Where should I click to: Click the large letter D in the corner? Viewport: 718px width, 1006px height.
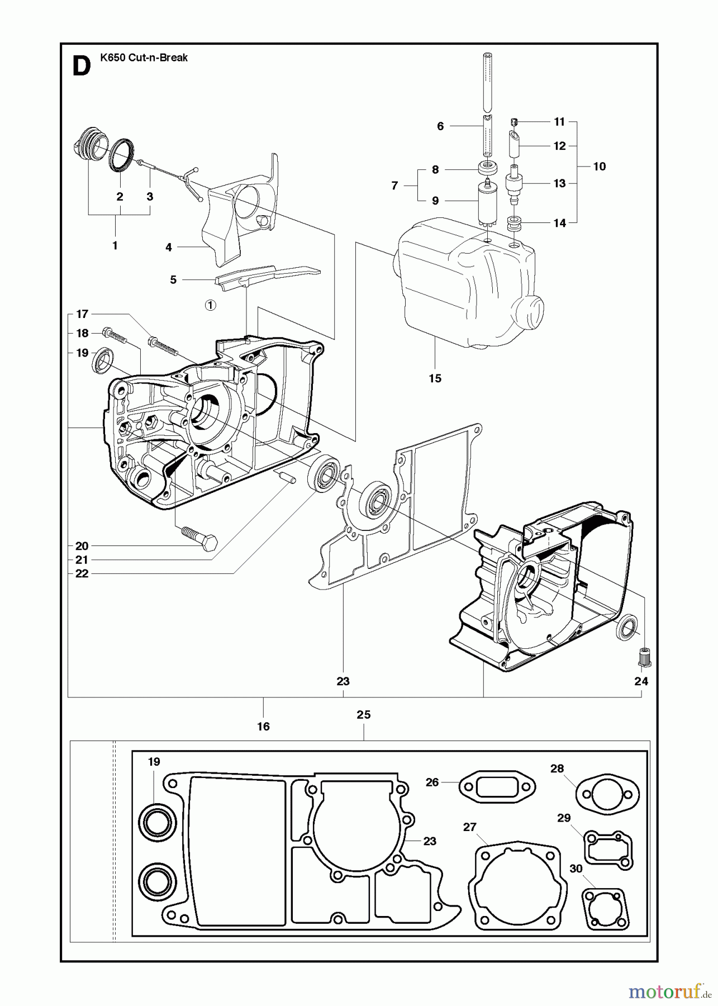[82, 67]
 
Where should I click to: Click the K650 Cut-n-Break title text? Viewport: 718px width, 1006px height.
[144, 57]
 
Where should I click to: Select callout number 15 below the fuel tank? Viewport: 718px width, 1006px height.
[435, 378]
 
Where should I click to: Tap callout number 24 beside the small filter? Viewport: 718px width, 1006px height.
[641, 681]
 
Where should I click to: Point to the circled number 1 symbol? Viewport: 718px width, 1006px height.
[210, 305]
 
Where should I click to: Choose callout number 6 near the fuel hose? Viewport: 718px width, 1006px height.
[440, 126]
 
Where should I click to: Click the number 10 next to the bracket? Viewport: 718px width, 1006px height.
[599, 166]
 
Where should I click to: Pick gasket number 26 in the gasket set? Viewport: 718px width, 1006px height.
[497, 787]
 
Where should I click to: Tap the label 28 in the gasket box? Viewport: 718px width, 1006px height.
[557, 768]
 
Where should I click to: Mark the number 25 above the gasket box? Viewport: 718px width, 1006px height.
[364, 714]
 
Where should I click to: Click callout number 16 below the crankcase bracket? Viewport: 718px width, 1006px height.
[263, 726]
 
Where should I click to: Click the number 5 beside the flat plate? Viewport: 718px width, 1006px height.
[173, 279]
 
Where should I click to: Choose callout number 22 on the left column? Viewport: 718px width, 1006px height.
[82, 573]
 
